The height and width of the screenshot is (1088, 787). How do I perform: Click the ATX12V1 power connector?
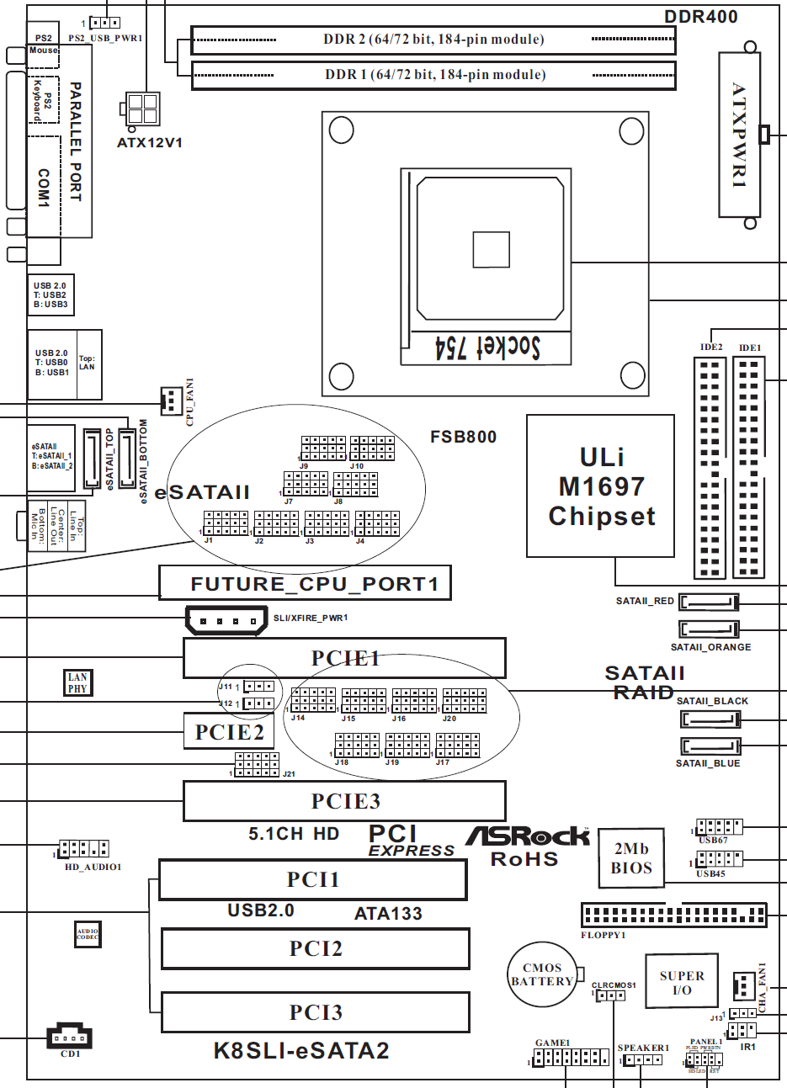[143, 109]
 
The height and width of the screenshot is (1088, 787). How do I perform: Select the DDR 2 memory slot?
[433, 40]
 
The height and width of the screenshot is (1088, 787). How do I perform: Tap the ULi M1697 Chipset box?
[601, 486]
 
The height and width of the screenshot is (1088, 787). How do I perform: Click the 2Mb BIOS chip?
[631, 858]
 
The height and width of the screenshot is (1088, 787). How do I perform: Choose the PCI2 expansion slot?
[316, 948]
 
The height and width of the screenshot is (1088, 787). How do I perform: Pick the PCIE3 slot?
[345, 801]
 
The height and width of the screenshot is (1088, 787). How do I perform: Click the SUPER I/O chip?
[682, 981]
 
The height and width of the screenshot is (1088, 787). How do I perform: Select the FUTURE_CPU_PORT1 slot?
[305, 582]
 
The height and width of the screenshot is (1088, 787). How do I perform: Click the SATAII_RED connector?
[709, 602]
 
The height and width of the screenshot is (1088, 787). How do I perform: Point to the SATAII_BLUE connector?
[709, 746]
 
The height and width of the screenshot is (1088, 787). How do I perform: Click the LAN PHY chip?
[77, 682]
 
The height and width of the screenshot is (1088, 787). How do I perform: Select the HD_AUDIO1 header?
[83, 848]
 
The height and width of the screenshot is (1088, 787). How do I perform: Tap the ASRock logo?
[528, 836]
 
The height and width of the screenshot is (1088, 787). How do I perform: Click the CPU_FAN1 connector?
[170, 401]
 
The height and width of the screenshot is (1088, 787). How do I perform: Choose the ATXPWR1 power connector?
[739, 135]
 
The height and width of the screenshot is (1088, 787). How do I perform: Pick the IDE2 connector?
[710, 468]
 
